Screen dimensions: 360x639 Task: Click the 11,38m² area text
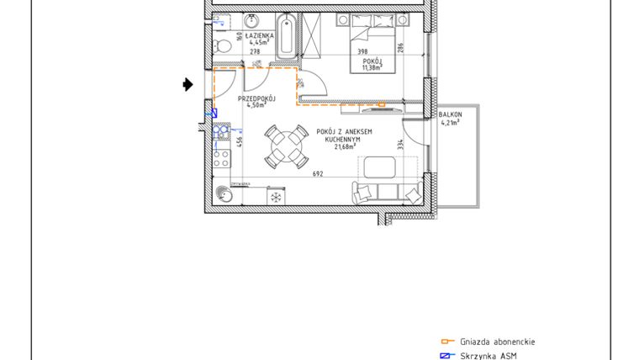(x=372, y=67)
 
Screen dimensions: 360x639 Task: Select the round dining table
(x=286, y=148)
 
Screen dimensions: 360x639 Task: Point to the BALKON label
(x=451, y=114)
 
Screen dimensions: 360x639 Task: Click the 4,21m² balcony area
(x=451, y=122)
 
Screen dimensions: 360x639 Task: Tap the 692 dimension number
(x=318, y=174)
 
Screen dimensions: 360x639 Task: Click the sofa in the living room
(x=388, y=193)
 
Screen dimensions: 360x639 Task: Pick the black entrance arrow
(x=188, y=84)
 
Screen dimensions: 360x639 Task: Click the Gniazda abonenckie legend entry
(x=497, y=342)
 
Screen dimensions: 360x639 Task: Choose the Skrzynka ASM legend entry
(x=488, y=356)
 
